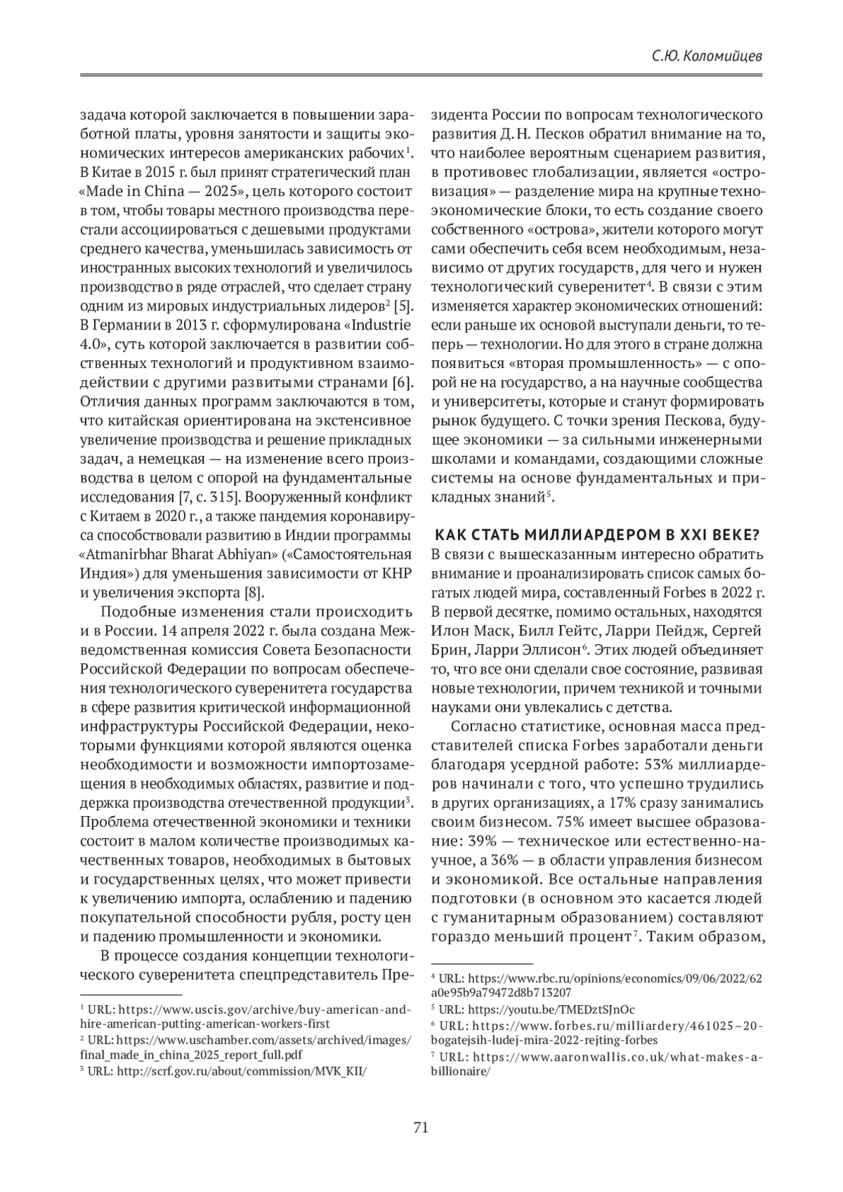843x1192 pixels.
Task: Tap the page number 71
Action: tap(421, 1129)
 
